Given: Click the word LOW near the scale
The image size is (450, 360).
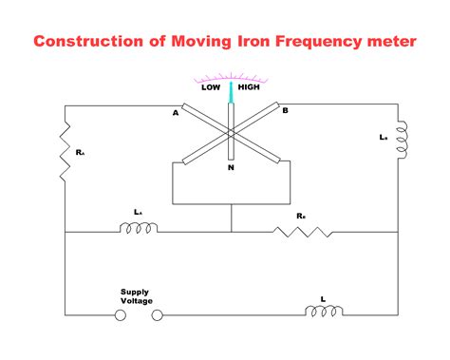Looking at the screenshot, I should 211,86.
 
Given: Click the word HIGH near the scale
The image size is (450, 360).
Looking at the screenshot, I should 249,86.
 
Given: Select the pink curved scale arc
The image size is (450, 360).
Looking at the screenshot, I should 231,75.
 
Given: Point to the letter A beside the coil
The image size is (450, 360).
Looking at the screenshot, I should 175,113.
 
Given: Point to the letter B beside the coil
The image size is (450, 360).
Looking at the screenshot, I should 285,110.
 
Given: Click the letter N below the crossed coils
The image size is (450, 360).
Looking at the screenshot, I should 231,167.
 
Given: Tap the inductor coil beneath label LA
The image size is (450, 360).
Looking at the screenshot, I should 139,228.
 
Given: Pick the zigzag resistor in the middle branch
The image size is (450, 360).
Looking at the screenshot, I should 301,230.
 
